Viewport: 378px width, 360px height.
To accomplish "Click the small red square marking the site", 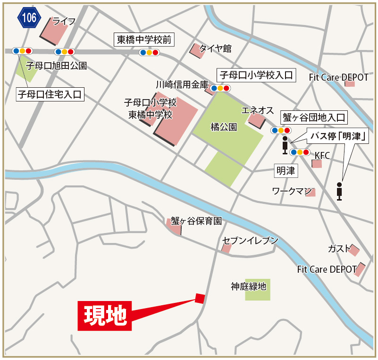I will tap(200, 298).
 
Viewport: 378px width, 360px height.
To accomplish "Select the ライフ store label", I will tap(64, 21).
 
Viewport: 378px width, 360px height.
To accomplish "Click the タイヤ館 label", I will tap(215, 48).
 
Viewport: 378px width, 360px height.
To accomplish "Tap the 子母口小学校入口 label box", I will tap(256, 75).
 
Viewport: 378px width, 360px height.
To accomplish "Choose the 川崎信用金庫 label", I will tap(182, 84).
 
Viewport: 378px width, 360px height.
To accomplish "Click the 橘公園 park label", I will tap(224, 126).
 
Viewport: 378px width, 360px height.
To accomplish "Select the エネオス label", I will tap(257, 110).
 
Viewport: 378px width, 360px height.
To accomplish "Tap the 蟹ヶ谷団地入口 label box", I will tap(314, 117).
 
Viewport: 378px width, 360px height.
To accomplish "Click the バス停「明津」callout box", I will tap(338, 137).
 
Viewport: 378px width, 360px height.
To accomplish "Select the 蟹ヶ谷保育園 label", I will tap(196, 221).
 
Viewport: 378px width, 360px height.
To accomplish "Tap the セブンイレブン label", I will tap(250, 240).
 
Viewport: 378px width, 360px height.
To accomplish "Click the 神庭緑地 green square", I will tap(258, 289).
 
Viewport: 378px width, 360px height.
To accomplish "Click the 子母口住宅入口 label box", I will tap(50, 94).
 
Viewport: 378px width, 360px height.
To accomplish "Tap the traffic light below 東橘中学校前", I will tap(149, 53).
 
